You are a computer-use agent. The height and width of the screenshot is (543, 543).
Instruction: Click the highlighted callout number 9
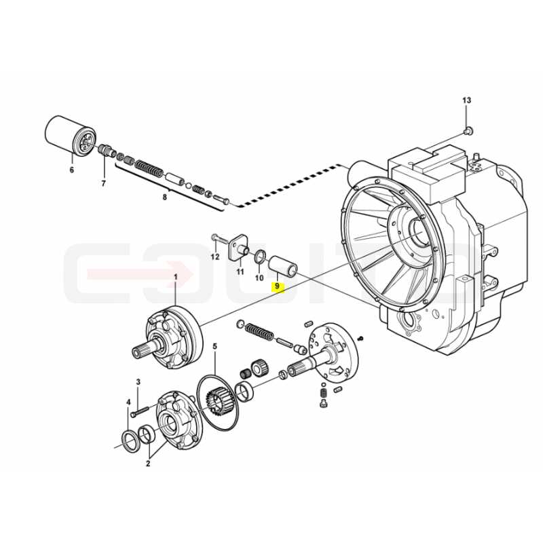pyautogui.click(x=277, y=286)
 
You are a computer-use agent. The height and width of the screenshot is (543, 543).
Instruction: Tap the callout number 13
pyautogui.click(x=466, y=100)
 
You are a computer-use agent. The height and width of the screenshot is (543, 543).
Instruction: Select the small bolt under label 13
pyautogui.click(x=468, y=131)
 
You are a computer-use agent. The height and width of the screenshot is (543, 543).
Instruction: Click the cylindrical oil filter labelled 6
pyautogui.click(x=71, y=137)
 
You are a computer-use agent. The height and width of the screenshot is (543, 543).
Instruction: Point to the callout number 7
pyautogui.click(x=103, y=183)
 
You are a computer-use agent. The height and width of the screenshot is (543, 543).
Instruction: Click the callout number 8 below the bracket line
pyautogui.click(x=164, y=198)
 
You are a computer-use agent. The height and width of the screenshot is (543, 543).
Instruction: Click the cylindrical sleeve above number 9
pyautogui.click(x=283, y=265)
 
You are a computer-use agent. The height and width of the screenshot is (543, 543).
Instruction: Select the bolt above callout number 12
pyautogui.click(x=219, y=238)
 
